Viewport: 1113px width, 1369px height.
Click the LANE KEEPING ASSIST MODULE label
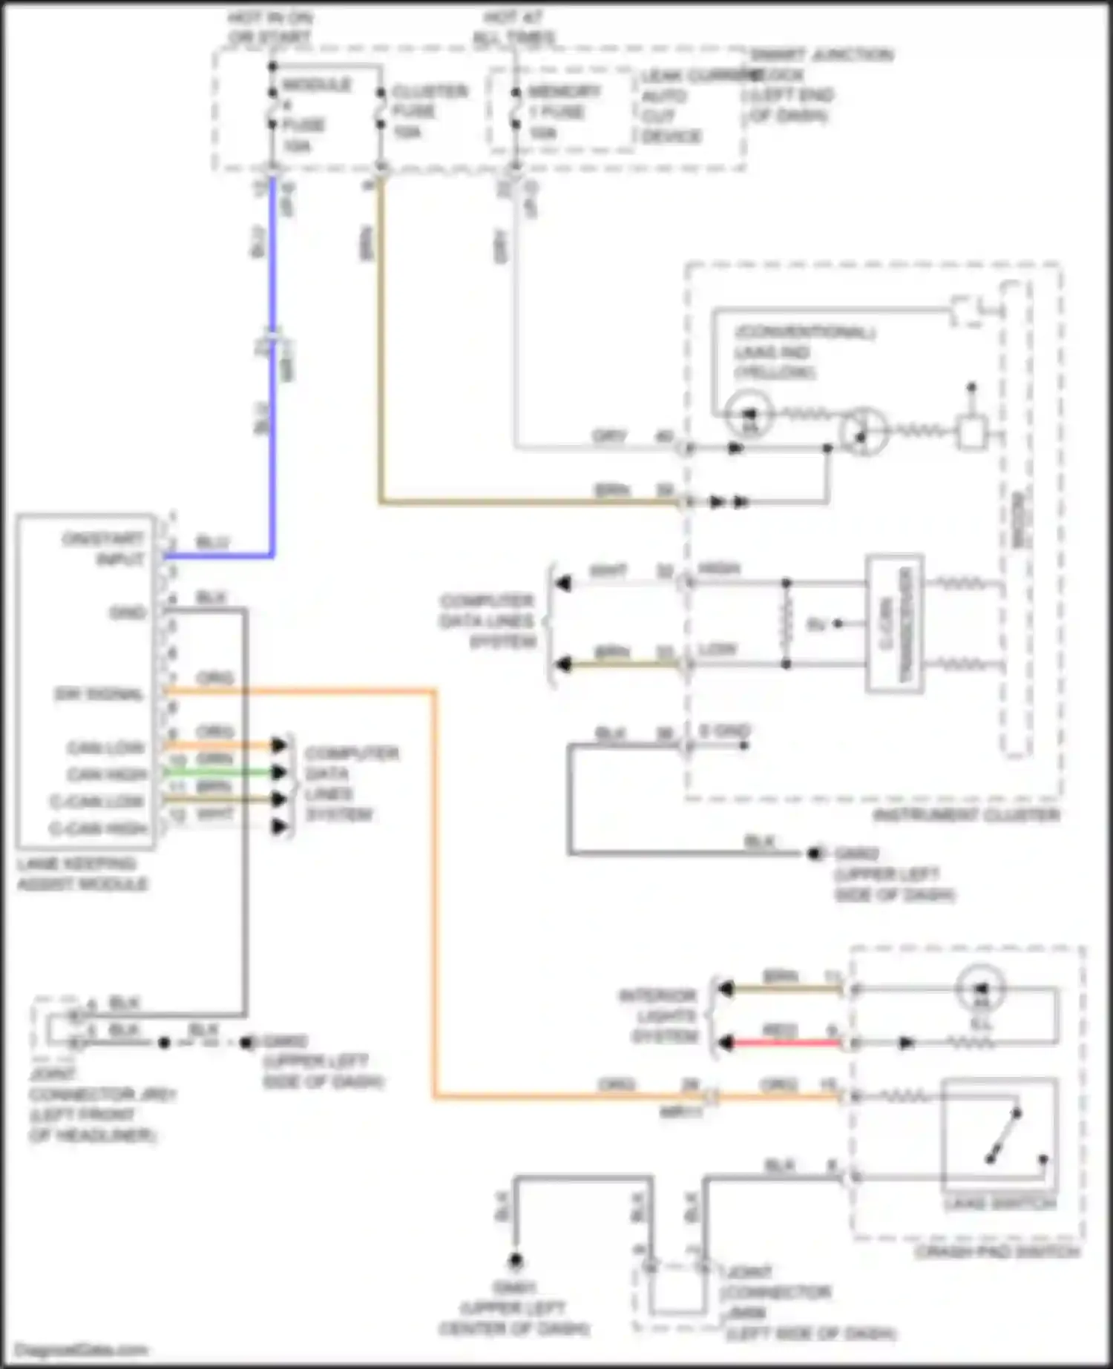coord(82,874)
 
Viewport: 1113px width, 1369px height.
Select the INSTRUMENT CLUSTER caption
coord(966,815)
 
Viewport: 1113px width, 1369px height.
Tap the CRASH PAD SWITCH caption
coord(997,1252)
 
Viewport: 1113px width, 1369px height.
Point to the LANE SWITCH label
coord(999,1203)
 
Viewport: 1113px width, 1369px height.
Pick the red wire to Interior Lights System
coord(783,1043)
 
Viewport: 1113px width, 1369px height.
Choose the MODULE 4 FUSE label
coord(312,115)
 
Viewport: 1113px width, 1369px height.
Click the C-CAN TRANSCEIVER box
coord(895,623)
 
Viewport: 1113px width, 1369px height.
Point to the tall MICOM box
coord(1016,519)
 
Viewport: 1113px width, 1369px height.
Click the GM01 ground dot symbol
coord(515,1260)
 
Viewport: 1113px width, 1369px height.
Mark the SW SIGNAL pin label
coord(99,694)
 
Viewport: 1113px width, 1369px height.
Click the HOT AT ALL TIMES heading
coord(514,27)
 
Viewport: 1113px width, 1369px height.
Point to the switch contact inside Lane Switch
coord(1003,1135)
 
